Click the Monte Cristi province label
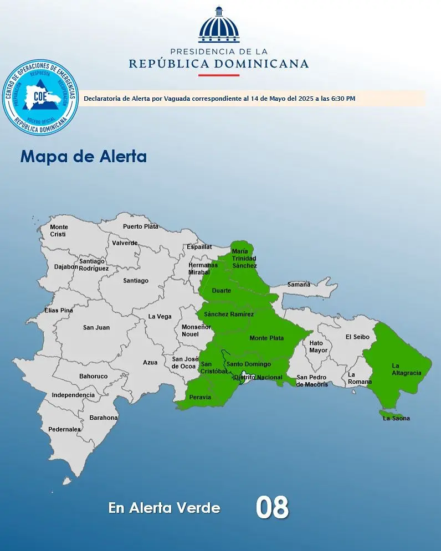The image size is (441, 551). (x=59, y=231)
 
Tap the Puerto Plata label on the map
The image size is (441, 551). (x=140, y=226)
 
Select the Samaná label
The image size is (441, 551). (x=299, y=285)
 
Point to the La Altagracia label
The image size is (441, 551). (x=407, y=369)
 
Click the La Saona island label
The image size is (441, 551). (x=397, y=418)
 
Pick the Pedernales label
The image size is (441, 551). (x=64, y=429)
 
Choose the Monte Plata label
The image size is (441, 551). (x=266, y=338)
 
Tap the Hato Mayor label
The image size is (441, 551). (x=319, y=347)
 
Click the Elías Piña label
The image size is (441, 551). (x=59, y=311)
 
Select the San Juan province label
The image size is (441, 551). (x=96, y=328)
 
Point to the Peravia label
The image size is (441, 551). (x=200, y=398)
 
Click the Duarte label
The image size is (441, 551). (x=222, y=290)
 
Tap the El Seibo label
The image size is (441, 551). (x=357, y=337)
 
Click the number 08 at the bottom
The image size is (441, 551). (x=272, y=507)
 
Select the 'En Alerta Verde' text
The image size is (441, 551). (x=165, y=508)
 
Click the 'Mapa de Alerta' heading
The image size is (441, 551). (x=84, y=156)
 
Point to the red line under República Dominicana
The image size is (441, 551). (x=218, y=75)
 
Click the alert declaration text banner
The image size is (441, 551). (x=253, y=99)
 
